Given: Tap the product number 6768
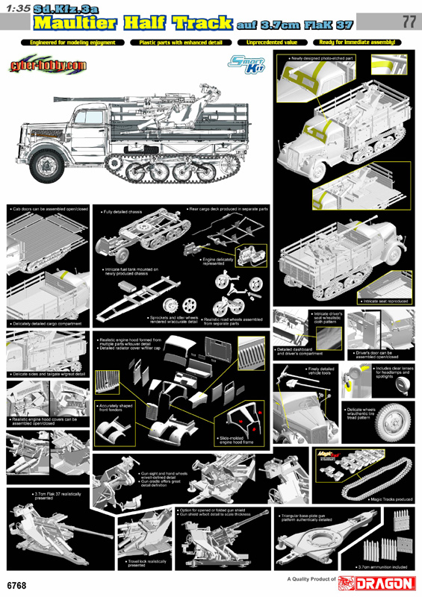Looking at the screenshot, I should coord(20,583).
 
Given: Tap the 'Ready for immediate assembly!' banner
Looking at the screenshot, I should coord(355,43).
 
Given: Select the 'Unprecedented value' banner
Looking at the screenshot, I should coord(270,43).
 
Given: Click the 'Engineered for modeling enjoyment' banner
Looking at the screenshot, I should coord(72,43).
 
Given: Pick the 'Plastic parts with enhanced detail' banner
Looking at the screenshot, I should coord(180,43).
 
